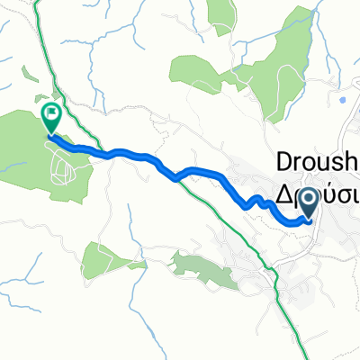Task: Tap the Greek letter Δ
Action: pos(283,196)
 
